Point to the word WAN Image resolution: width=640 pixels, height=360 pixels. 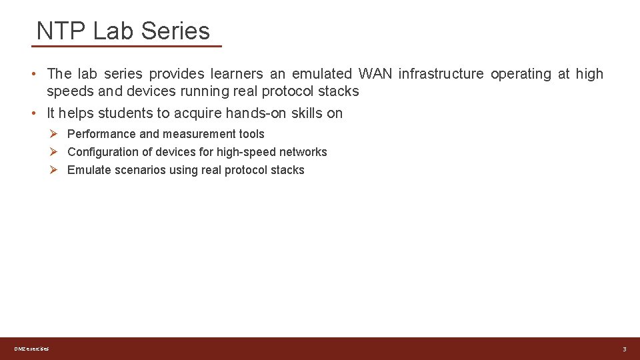point(375,74)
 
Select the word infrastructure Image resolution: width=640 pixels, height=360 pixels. point(441,74)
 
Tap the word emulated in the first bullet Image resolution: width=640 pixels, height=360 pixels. point(322,74)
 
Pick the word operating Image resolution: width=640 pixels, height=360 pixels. point(521,74)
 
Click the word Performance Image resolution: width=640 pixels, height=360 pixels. point(101,134)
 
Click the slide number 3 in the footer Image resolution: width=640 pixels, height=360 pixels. point(625,349)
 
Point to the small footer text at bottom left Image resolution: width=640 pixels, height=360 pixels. point(31,349)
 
